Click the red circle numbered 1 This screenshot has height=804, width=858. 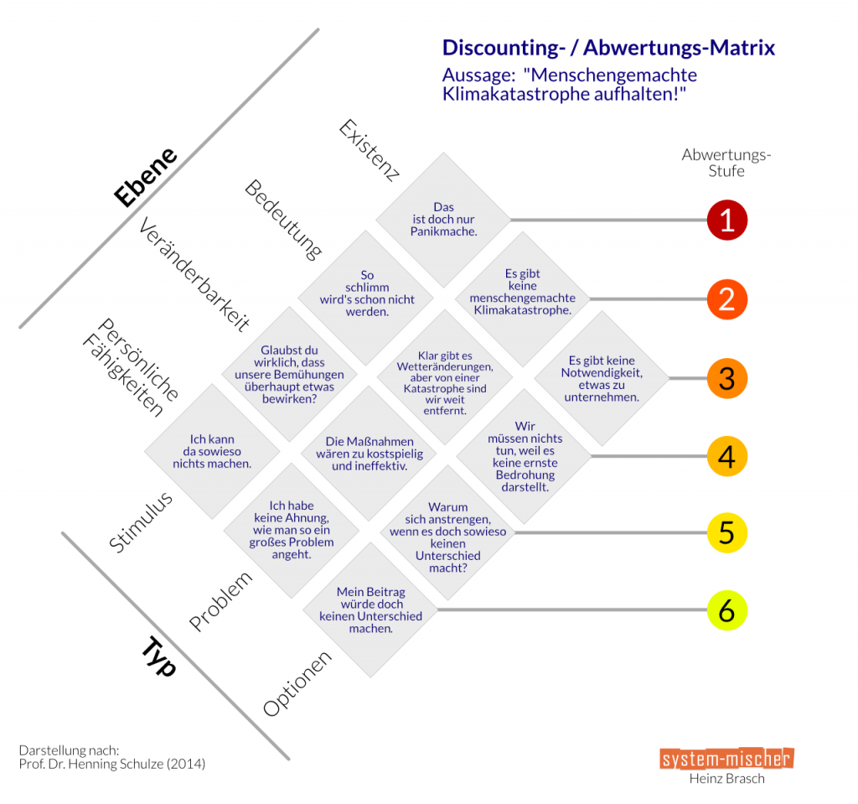(726, 220)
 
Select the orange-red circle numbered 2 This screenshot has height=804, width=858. (726, 299)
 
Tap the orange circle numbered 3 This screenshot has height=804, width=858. (726, 378)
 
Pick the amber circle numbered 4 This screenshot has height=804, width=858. (726, 457)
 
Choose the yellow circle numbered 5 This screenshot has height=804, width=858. (726, 532)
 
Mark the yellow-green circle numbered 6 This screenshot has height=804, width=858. (726, 610)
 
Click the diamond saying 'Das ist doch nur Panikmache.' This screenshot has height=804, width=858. (443, 220)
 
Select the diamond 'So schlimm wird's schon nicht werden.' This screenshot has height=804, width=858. (366, 293)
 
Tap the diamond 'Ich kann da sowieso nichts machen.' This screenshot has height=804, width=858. (212, 451)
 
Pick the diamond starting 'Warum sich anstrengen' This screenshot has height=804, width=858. (447, 532)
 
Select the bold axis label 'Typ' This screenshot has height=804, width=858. (158, 655)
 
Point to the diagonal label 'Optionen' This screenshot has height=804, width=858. (297, 683)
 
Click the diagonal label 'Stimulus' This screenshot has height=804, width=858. (141, 521)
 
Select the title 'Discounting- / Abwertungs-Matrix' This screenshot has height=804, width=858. (608, 48)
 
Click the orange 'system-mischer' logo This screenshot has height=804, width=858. (726, 758)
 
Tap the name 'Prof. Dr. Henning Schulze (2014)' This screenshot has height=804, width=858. (111, 763)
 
